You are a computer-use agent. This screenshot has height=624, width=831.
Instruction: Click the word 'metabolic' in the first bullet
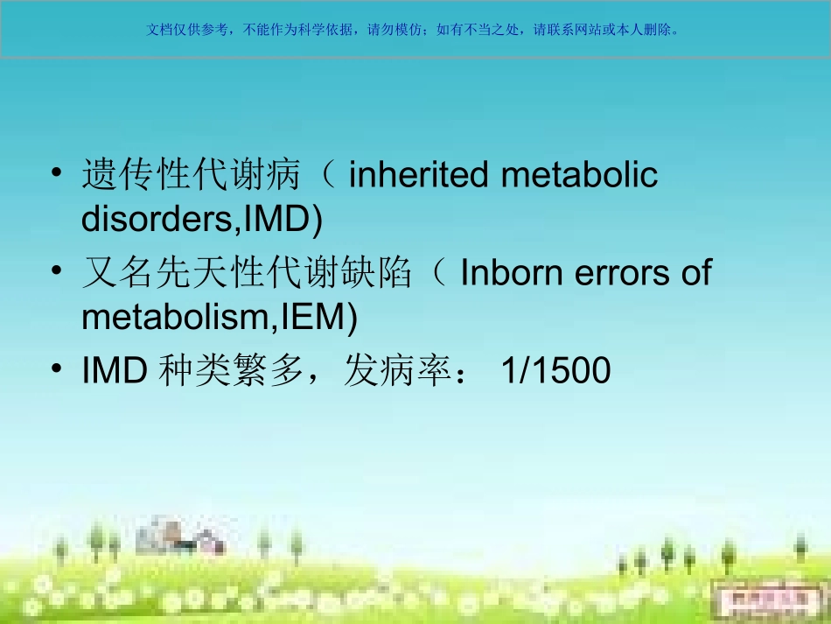pos(579,176)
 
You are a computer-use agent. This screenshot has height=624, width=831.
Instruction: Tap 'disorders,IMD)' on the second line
pos(202,221)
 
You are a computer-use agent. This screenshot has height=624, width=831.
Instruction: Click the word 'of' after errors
pos(695,274)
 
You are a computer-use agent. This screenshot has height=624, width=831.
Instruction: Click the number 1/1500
pos(555,372)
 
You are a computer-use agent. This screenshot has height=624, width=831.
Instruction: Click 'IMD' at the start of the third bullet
pos(114,372)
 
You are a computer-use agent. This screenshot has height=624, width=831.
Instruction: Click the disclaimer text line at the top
pos(414,29)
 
